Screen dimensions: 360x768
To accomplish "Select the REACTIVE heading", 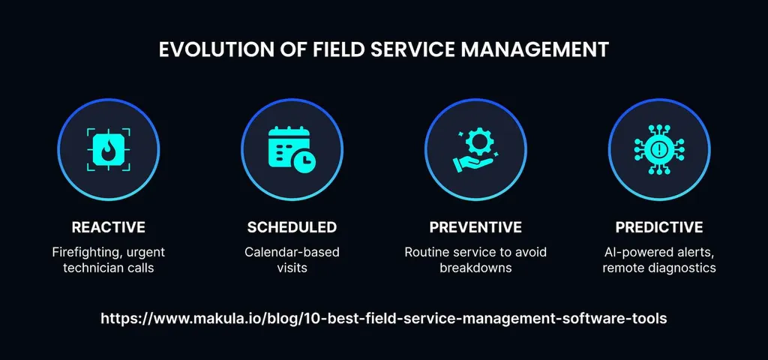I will coord(108,227).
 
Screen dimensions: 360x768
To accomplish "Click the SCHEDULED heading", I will coord(292,227).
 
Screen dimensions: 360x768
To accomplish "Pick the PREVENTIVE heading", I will coord(475,227).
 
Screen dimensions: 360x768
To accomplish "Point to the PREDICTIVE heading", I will coord(659,227).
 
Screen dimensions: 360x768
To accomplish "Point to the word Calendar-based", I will coord(292,252).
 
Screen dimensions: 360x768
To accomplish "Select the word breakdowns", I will coord(475,268).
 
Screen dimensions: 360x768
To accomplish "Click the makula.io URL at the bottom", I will coord(383,318).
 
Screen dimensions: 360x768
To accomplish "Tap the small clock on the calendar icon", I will coord(304,159).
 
